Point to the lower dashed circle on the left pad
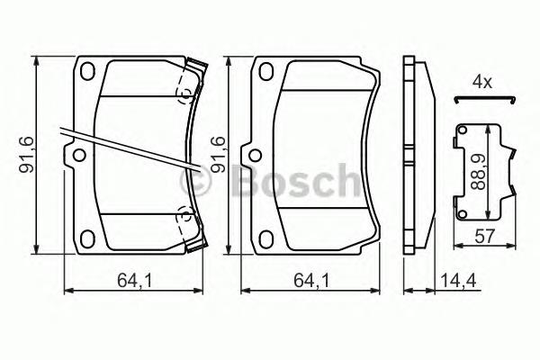click(185, 216)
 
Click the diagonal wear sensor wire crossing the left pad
click(126, 147)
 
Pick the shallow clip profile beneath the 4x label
click(483, 99)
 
